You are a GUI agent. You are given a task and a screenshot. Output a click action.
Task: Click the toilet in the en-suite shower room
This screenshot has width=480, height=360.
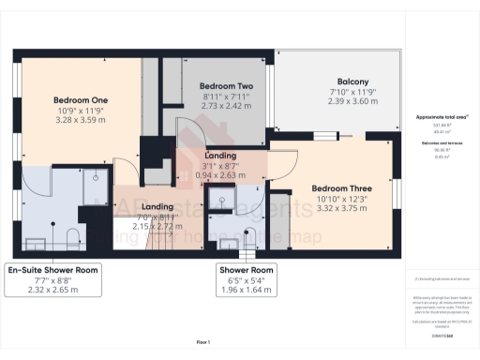point(74,232)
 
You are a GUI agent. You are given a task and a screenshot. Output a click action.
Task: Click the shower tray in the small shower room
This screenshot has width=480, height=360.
point(222,199)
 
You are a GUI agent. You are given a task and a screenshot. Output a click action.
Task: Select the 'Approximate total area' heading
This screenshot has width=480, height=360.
point(440,117)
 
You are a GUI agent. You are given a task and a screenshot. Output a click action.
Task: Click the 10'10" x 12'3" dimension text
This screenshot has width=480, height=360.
point(342,200)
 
